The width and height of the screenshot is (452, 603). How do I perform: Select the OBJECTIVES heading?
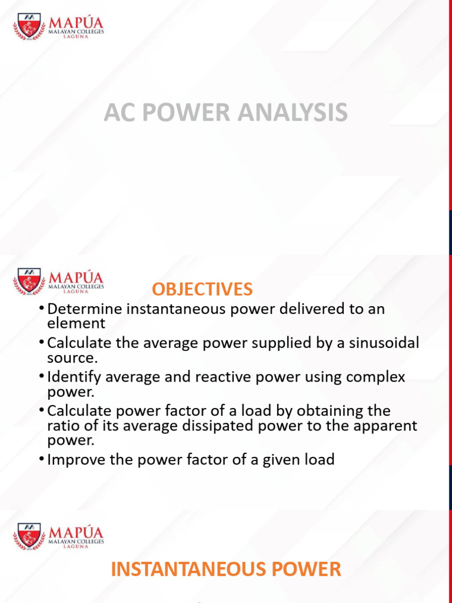(x=202, y=289)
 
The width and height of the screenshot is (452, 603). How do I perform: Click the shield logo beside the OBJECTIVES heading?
(x=29, y=281)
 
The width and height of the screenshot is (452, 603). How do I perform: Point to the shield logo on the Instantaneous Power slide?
(x=29, y=536)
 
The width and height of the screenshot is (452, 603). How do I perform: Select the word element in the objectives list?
(x=76, y=323)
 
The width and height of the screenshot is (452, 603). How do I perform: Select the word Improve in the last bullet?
(x=72, y=459)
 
